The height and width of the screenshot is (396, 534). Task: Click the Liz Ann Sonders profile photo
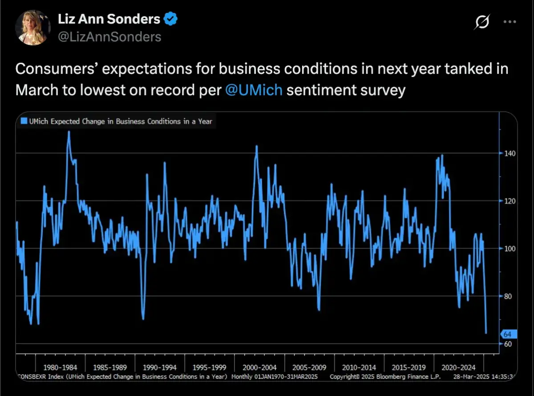pos(32,28)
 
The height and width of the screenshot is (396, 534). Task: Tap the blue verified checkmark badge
pos(171,19)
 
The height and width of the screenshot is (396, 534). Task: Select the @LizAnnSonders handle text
pos(109,37)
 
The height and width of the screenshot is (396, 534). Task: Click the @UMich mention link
pos(254,90)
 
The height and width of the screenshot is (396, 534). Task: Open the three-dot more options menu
pos(510,21)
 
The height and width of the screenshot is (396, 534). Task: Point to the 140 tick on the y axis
pos(510,153)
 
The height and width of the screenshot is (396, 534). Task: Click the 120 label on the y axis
pos(510,201)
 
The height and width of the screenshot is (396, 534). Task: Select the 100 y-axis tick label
pos(510,249)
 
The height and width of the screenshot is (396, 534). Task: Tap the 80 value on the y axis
pos(508,296)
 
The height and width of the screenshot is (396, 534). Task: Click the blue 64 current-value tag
pos(508,334)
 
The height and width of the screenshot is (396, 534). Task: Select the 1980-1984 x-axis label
pos(60,367)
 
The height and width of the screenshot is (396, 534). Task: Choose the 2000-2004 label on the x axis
pos(259,367)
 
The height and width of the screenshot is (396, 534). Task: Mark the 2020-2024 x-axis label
pos(458,367)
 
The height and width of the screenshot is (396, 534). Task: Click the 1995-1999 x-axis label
pos(210,367)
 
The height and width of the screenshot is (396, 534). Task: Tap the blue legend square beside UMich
pos(24,121)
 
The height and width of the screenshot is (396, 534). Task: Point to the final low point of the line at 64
pos(486,333)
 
